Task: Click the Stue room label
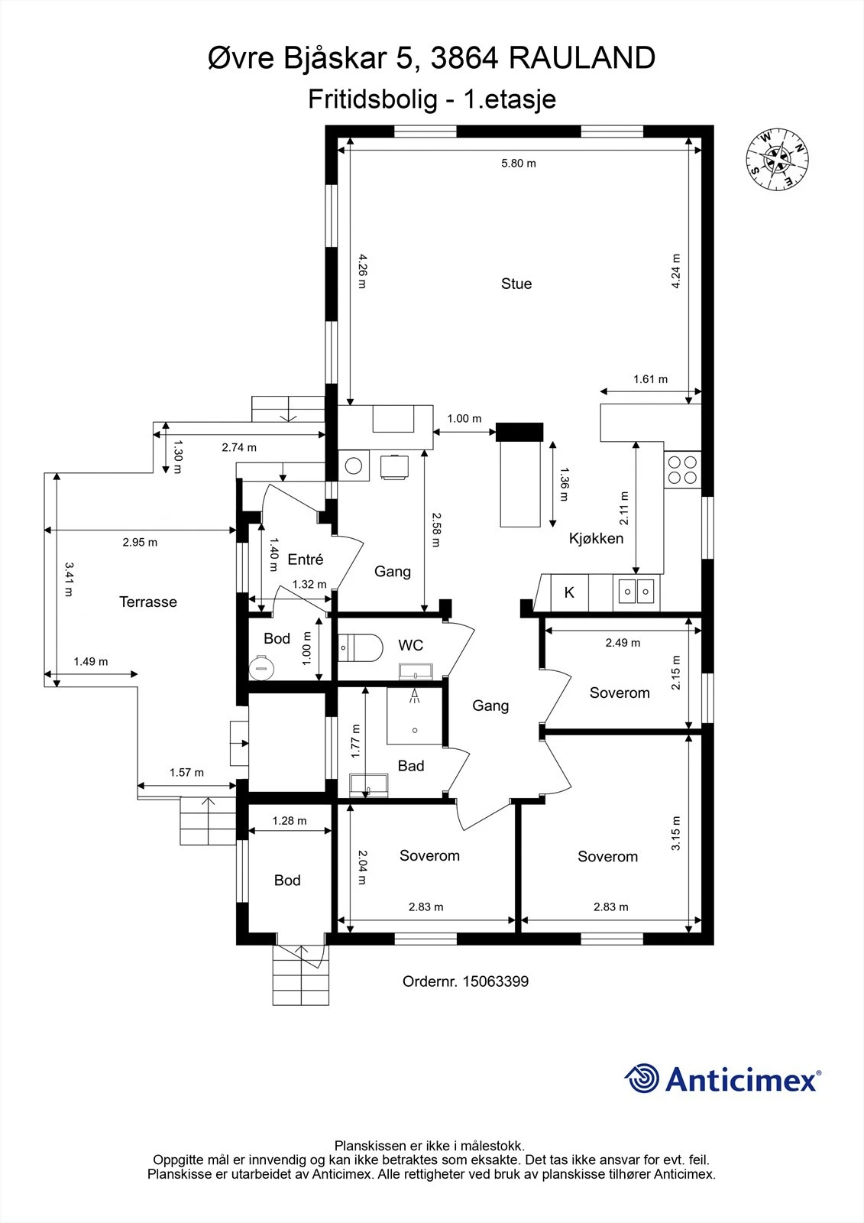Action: click(516, 284)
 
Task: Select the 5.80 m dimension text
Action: click(518, 163)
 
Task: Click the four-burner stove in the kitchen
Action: click(682, 469)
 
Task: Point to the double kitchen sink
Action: click(636, 591)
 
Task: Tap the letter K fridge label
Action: click(569, 592)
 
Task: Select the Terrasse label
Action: click(148, 602)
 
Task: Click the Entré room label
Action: click(306, 560)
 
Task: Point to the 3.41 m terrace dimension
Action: click(68, 579)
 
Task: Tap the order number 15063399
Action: click(495, 981)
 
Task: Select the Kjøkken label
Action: click(596, 538)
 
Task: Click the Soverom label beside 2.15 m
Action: click(620, 693)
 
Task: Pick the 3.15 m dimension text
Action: click(675, 834)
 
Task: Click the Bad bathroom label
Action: click(411, 766)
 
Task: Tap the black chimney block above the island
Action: click(519, 432)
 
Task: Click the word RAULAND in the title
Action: click(581, 58)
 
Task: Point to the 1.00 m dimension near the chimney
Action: click(464, 418)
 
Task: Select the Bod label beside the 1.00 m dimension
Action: click(277, 639)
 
